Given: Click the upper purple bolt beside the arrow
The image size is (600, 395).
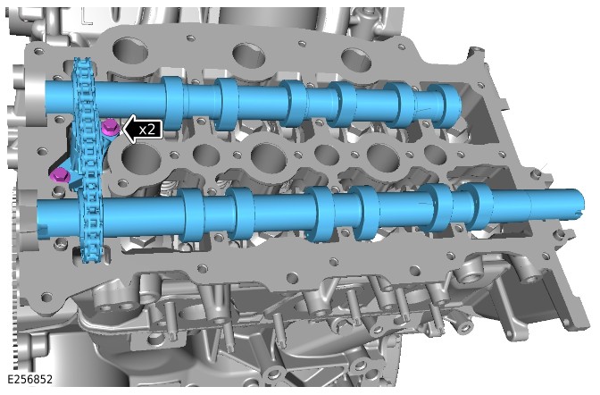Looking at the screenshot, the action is click(111, 128).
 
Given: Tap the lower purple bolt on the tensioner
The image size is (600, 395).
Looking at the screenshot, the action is click(60, 175).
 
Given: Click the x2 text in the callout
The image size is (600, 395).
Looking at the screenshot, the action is click(147, 130).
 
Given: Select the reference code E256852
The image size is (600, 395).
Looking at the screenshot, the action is click(29, 379).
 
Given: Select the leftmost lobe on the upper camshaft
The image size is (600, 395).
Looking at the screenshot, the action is click(173, 103).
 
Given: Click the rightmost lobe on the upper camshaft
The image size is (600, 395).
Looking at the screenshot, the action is click(445, 105).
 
